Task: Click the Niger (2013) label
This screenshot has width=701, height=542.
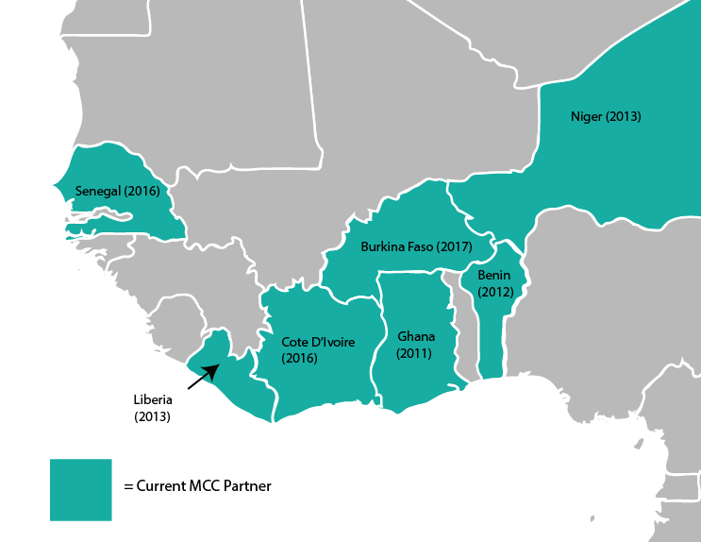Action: tap(606, 117)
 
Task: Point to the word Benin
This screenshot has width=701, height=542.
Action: tap(493, 276)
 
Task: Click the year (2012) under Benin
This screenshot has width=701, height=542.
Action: tap(495, 292)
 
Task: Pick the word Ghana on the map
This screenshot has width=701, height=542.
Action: tap(416, 337)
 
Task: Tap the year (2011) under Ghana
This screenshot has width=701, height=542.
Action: tap(414, 354)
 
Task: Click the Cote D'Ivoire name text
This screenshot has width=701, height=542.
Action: tap(318, 342)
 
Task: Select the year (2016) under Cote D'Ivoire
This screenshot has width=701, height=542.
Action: tap(300, 359)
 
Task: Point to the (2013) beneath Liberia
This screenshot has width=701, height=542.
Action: tap(152, 415)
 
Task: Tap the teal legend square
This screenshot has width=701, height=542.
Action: tap(81, 489)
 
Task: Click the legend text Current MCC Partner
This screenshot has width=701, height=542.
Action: tap(197, 487)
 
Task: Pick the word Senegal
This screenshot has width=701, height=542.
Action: tap(99, 192)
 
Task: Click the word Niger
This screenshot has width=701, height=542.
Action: tap(587, 117)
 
